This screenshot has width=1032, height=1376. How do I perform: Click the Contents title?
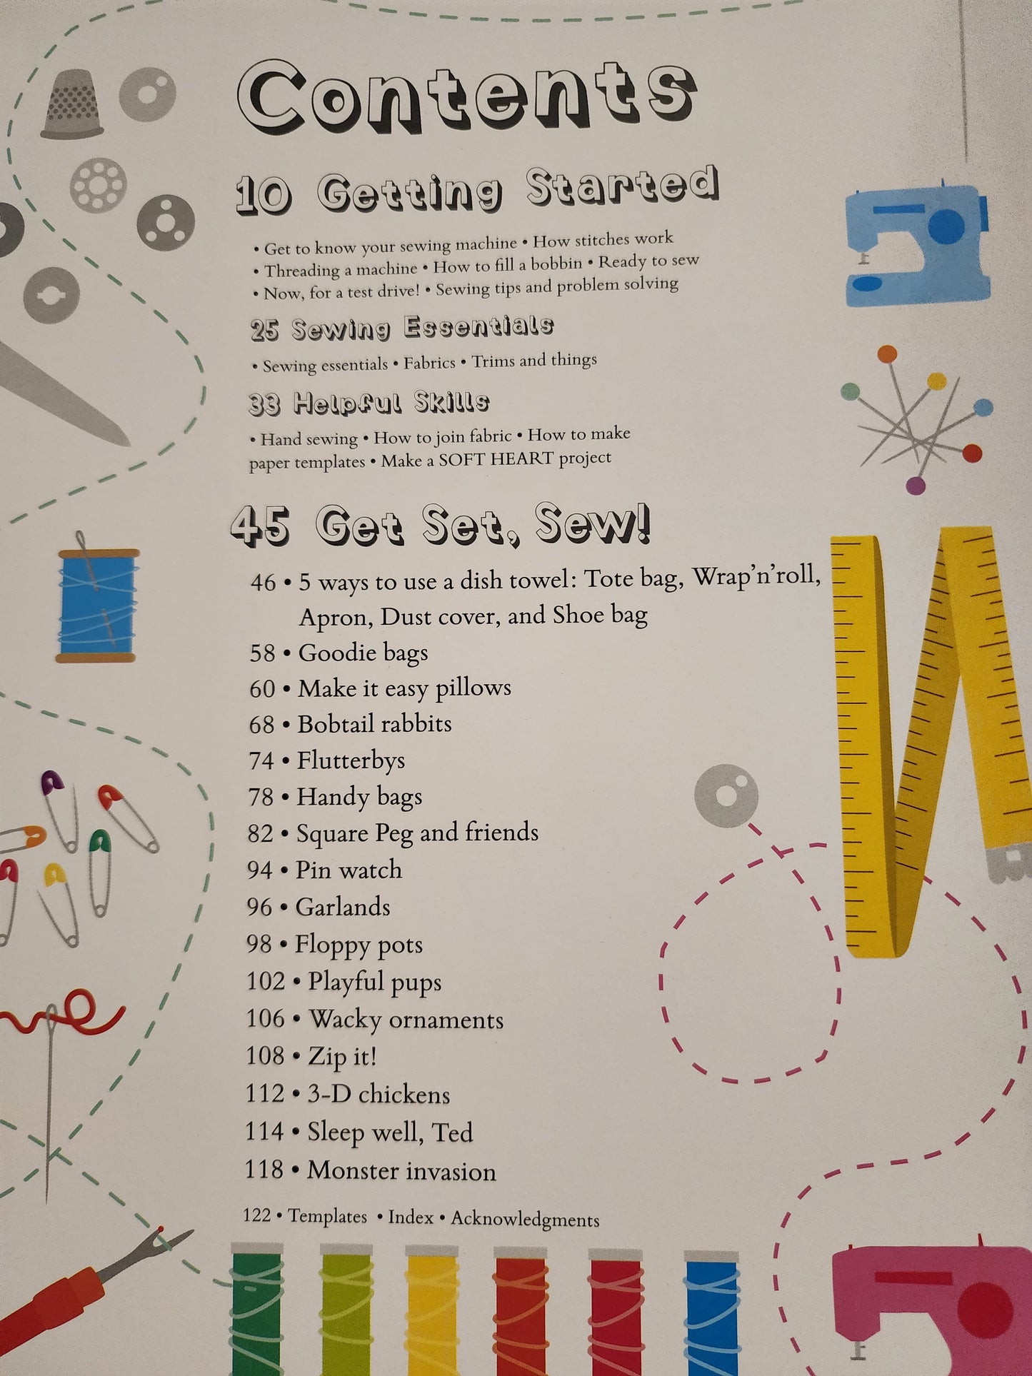(466, 98)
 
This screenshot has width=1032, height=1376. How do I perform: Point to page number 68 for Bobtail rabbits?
(261, 725)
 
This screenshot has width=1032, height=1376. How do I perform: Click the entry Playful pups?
(374, 982)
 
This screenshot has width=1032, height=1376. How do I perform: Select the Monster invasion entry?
(401, 1171)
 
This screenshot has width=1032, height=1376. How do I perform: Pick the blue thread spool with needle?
(96, 606)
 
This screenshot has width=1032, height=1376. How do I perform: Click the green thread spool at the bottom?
(257, 1310)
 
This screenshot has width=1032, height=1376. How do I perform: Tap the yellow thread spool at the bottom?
(431, 1310)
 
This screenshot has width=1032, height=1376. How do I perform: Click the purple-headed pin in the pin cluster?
(916, 486)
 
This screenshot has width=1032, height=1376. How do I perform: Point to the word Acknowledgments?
(525, 1219)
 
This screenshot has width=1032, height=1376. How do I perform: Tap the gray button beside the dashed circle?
(726, 796)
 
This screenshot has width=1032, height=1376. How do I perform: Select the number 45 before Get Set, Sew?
(261, 527)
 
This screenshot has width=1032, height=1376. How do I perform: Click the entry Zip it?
(341, 1056)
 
